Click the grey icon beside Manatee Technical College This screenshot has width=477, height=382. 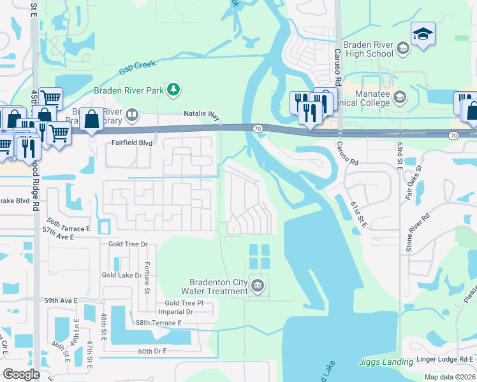[400, 97]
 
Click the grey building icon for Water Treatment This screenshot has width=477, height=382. [258, 285]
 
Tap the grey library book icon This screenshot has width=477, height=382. [132, 115]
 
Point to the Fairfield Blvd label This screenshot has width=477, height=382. [132, 144]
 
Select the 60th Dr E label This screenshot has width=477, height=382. [152, 351]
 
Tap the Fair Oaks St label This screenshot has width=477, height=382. [414, 184]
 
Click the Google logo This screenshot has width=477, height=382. [21, 374]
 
